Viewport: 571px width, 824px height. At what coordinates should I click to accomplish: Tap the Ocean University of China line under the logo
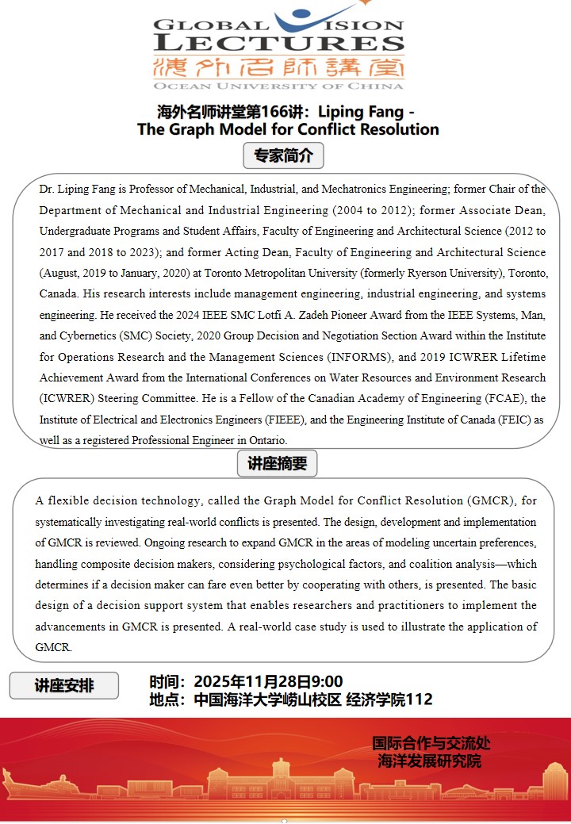(279, 85)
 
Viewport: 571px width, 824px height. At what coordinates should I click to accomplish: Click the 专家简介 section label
(283, 156)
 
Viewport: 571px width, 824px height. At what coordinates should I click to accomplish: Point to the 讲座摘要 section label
(277, 464)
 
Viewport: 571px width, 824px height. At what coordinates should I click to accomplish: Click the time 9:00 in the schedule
(326, 681)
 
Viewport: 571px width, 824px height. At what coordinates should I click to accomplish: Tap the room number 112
(419, 699)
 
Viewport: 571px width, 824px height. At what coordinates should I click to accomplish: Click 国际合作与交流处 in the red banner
(431, 744)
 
